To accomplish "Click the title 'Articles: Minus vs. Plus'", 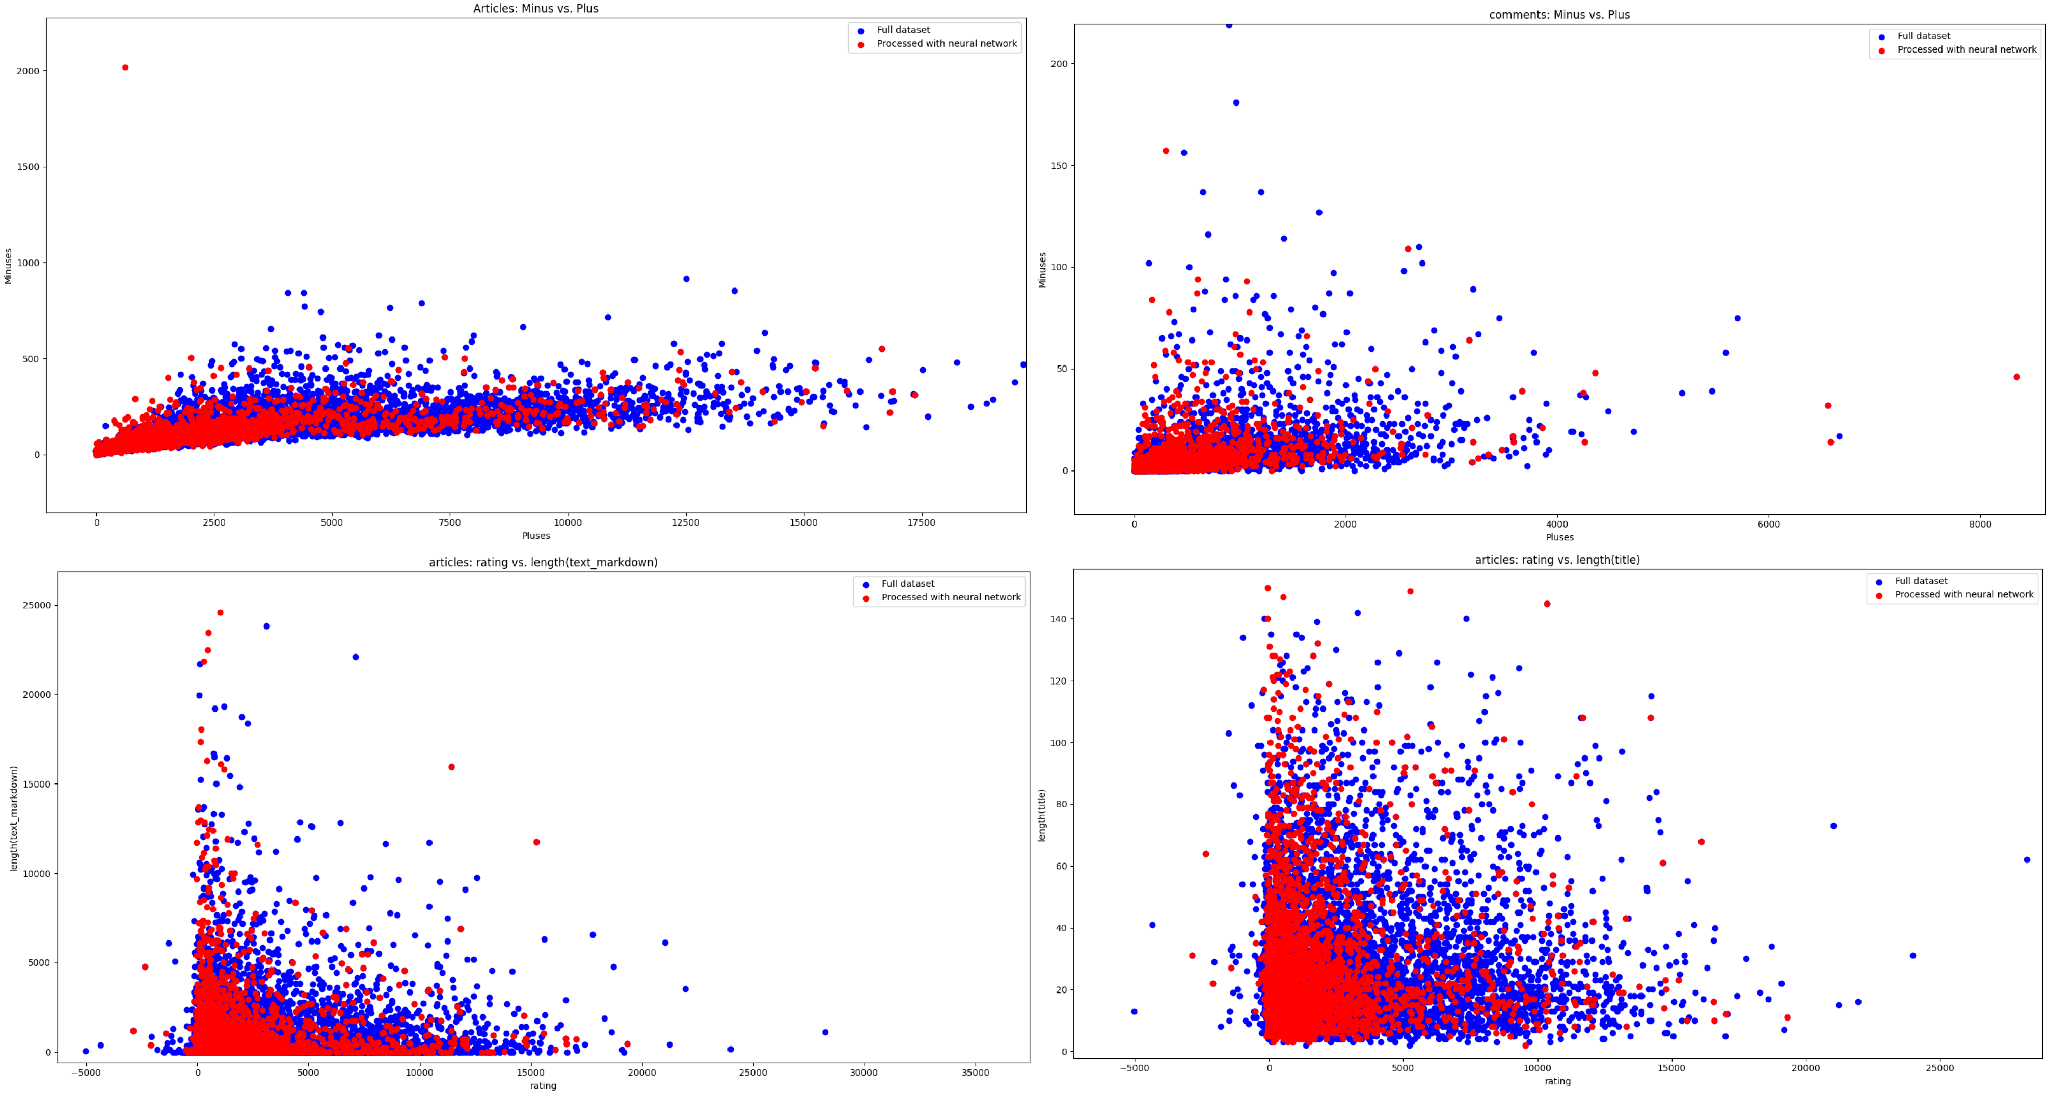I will (x=535, y=9).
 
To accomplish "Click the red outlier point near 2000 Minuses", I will (x=125, y=68).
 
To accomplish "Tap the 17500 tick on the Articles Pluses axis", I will (x=922, y=523).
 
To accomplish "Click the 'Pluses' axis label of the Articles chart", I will (x=535, y=536).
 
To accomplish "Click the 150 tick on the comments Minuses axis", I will (x=1059, y=166).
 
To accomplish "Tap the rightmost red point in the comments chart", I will (x=2016, y=377).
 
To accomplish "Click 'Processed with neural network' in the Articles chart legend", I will (x=946, y=44).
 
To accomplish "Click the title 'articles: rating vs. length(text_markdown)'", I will (x=543, y=563).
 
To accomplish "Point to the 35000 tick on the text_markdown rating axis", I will (x=975, y=1073).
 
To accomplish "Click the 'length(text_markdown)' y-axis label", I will (x=14, y=819).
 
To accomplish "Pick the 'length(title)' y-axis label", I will (x=1042, y=815).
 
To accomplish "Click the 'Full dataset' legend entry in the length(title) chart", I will (x=1920, y=581).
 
